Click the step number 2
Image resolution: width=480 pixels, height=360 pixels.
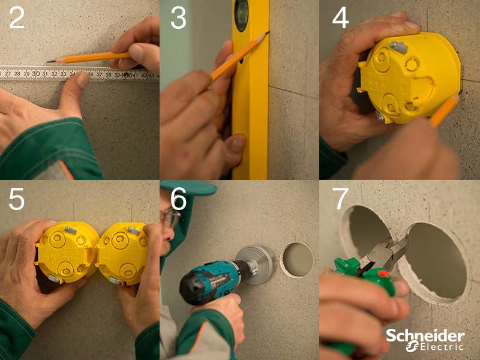(17, 18)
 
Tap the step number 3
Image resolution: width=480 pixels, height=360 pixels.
(178, 18)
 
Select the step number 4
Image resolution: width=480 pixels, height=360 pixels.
(340, 18)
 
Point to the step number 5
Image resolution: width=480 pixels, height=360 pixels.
(17, 199)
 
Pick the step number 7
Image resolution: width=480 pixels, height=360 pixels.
(340, 199)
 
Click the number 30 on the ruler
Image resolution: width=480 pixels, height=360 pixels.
(36, 74)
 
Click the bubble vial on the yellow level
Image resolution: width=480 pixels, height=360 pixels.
(241, 16)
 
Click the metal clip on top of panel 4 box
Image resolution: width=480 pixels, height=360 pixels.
(398, 47)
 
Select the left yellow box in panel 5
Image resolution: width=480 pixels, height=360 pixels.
(67, 253)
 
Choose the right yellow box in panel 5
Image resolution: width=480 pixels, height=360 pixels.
(122, 253)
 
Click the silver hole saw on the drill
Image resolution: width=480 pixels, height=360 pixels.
(256, 265)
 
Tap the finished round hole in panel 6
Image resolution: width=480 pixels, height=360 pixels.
(298, 260)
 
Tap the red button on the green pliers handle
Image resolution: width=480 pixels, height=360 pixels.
(383, 273)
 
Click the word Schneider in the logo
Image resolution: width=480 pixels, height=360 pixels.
(425, 336)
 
